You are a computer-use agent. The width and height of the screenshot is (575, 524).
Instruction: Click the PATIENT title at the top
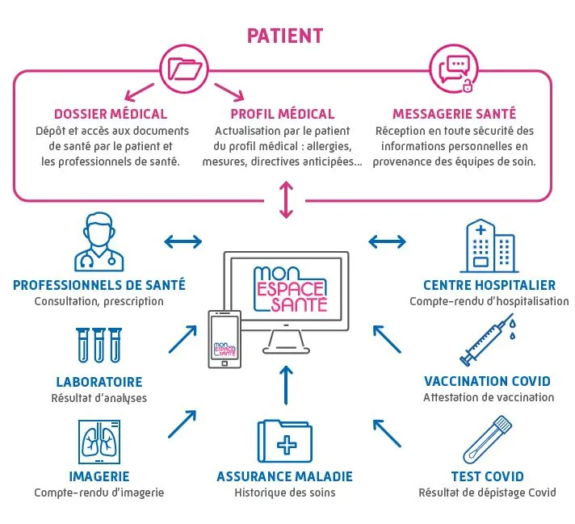(285, 36)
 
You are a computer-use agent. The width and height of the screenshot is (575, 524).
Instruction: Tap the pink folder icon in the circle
(184, 68)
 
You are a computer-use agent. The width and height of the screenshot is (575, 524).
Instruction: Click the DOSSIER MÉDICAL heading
(111, 114)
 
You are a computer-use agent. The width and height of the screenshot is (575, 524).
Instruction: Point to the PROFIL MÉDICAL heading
(282, 114)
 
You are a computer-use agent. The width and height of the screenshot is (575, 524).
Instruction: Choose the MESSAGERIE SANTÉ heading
(454, 114)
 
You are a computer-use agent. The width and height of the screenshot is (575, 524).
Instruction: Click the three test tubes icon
(99, 345)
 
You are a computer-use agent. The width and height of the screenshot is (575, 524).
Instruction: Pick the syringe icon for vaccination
(487, 341)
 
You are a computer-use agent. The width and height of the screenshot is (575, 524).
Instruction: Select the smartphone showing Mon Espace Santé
(225, 338)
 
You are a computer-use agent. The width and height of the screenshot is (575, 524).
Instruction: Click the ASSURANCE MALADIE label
(284, 476)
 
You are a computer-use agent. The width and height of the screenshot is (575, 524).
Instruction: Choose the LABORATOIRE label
(99, 381)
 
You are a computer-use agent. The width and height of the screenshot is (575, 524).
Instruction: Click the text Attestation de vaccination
(489, 397)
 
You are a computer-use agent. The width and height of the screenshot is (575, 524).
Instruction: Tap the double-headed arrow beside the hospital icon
(388, 241)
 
